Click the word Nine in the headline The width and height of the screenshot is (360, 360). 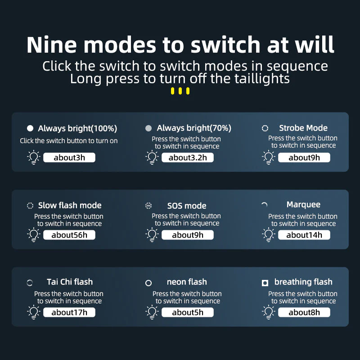click(x=51, y=45)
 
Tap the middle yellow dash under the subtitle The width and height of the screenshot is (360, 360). click(x=180, y=91)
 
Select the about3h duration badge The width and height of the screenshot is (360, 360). click(x=69, y=157)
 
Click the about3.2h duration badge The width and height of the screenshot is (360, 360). click(x=188, y=157)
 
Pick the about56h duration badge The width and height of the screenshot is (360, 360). click(x=69, y=235)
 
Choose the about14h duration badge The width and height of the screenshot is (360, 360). click(x=304, y=235)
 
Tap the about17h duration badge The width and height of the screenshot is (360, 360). click(x=69, y=312)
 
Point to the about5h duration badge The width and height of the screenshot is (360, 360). click(x=188, y=312)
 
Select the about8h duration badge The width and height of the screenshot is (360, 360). click(x=304, y=312)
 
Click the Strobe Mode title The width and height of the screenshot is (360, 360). click(x=303, y=128)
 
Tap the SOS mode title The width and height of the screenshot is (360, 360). click(x=187, y=206)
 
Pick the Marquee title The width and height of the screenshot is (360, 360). click(x=303, y=205)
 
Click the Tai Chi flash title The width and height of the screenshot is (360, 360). click(x=70, y=282)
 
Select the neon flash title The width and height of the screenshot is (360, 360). click(x=187, y=282)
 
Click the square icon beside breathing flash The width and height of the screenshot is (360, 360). click(x=265, y=283)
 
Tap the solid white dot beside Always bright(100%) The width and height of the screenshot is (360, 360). click(x=30, y=128)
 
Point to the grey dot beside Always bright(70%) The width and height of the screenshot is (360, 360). click(x=148, y=128)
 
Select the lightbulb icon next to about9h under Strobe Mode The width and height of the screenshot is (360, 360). click(x=268, y=157)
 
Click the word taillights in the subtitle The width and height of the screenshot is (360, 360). click(x=262, y=78)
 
